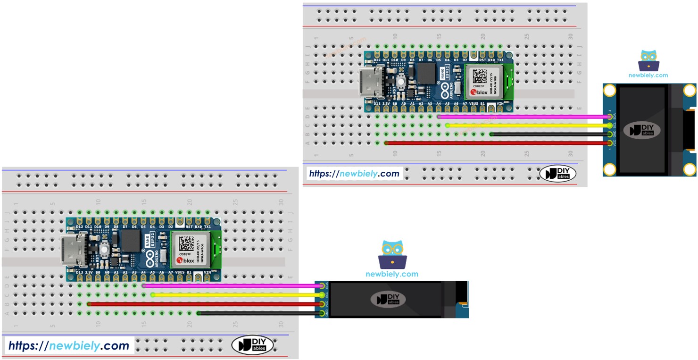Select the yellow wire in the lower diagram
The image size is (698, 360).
[236, 295]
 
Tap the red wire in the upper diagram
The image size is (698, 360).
[495, 143]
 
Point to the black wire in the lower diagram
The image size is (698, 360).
[259, 313]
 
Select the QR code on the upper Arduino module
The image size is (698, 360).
[479, 77]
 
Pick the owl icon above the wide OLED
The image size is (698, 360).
[392, 255]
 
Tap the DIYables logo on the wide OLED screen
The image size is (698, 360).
[388, 299]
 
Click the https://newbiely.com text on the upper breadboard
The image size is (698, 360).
[354, 173]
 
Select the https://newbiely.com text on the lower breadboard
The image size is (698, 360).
[69, 345]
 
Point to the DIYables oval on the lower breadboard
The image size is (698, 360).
[252, 345]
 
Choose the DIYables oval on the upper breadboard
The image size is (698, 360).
[557, 173]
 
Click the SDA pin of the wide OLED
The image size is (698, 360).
[323, 286]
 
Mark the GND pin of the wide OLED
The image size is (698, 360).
[323, 313]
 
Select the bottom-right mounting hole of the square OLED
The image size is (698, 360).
[690, 169]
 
